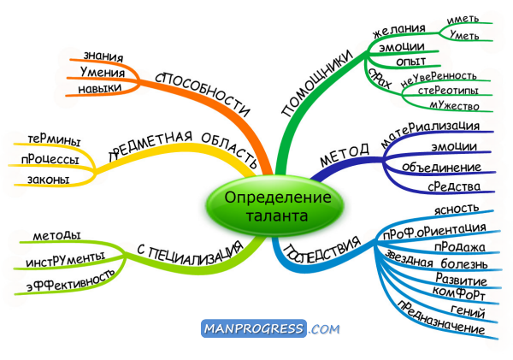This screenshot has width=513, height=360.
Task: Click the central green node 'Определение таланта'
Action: click(x=274, y=205)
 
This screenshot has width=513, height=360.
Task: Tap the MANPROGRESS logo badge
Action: click(x=254, y=328)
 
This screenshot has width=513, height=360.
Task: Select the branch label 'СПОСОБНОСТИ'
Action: click(x=203, y=94)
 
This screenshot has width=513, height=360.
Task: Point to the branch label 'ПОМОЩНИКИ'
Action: click(x=317, y=84)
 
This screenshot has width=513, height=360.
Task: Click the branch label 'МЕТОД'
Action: click(x=345, y=155)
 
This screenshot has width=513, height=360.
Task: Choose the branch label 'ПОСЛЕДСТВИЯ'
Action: click(x=321, y=251)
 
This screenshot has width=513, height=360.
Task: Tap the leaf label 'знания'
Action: click(x=103, y=56)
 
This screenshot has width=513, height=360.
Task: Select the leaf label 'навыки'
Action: click(x=100, y=88)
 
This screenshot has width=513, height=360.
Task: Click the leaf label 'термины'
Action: click(x=54, y=140)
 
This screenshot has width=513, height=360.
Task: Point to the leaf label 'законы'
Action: click(x=49, y=180)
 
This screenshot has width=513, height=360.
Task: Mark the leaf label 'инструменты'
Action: click(x=66, y=259)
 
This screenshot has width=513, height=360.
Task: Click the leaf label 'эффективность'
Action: click(x=71, y=280)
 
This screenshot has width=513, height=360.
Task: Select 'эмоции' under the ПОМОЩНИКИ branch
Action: click(x=402, y=47)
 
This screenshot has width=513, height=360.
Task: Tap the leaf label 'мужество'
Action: click(x=454, y=105)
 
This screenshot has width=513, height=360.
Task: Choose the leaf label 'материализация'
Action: click(x=430, y=134)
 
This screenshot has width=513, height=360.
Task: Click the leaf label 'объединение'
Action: click(x=441, y=168)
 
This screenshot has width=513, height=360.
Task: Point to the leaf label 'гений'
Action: click(x=468, y=311)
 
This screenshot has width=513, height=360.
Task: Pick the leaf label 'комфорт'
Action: click(x=458, y=292)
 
